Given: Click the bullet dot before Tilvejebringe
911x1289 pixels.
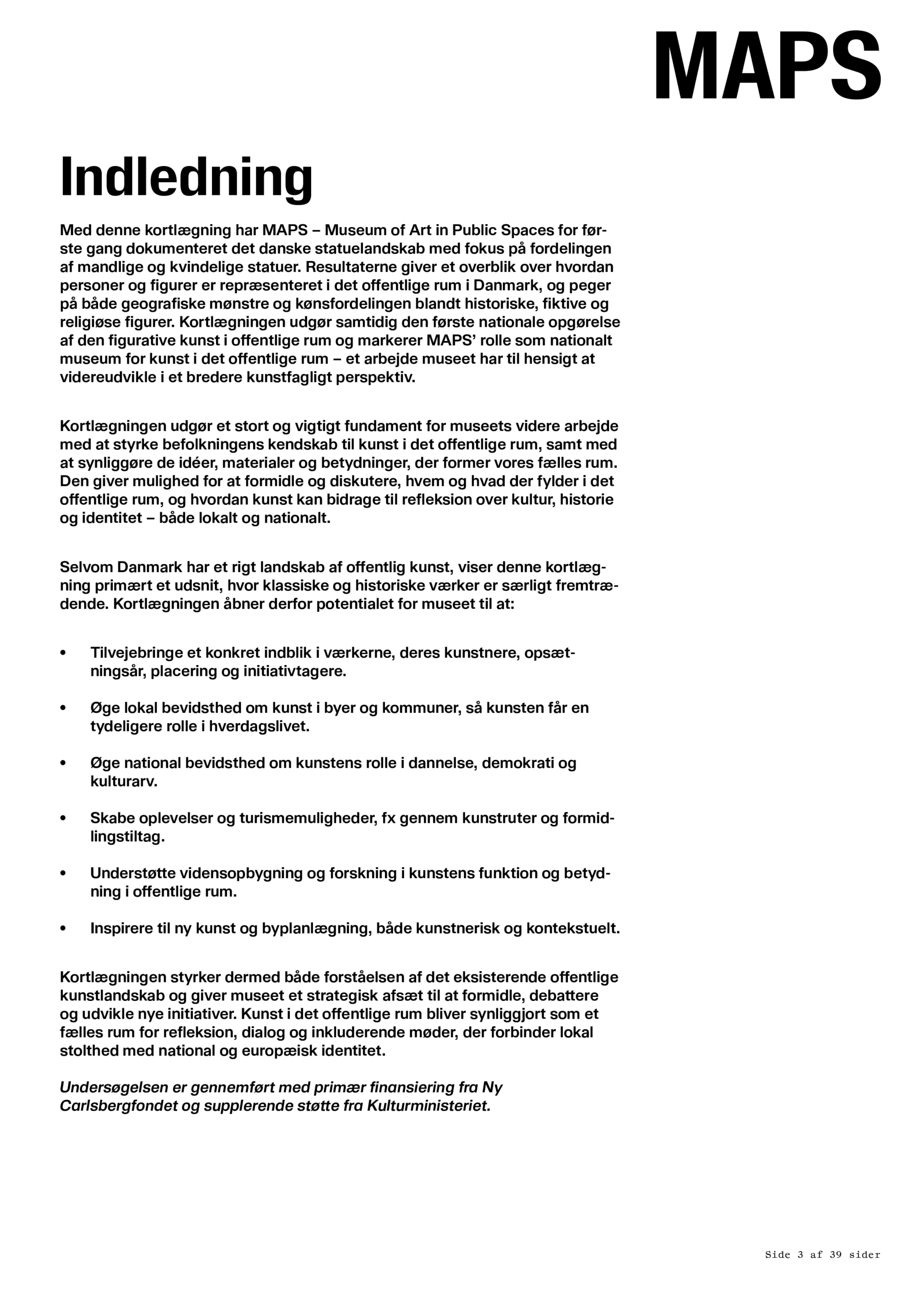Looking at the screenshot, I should (63, 653).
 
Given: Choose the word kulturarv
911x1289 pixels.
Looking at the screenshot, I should (123, 781).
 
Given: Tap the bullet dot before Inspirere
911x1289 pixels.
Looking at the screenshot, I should (63, 928).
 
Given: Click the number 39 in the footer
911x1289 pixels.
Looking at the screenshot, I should (834, 1255).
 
